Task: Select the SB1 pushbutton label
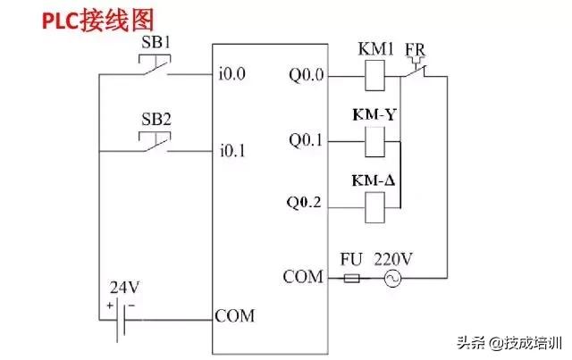tap(157, 42)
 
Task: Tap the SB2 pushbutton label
tap(157, 119)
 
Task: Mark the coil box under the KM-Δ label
tap(376, 206)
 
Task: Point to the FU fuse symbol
tap(352, 278)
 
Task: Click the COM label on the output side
tap(302, 277)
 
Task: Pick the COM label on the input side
tap(234, 316)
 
